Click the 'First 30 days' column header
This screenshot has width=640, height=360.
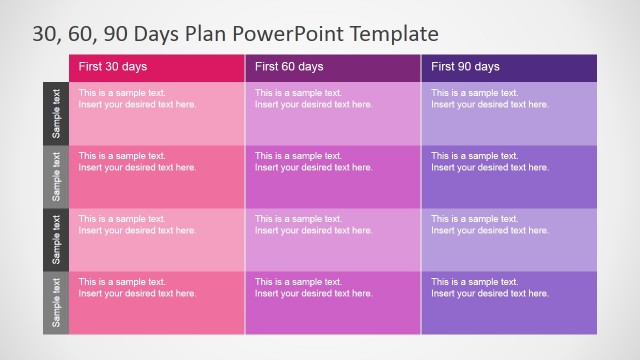(x=157, y=67)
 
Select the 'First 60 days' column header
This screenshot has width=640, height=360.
(x=333, y=67)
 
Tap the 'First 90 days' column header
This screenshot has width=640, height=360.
(x=509, y=67)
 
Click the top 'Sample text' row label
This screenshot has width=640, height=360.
(x=56, y=113)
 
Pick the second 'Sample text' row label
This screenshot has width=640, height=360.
(x=56, y=176)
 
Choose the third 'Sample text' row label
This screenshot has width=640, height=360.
(x=56, y=239)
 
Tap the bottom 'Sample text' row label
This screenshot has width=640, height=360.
(x=56, y=302)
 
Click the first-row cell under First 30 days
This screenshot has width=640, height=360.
(x=157, y=113)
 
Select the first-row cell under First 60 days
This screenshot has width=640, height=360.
(x=333, y=113)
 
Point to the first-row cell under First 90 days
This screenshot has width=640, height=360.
(x=509, y=113)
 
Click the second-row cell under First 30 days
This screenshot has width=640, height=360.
(x=157, y=176)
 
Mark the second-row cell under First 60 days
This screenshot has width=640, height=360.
(x=333, y=176)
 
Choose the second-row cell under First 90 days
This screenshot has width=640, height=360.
(x=509, y=176)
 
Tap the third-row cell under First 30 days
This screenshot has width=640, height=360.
(x=157, y=239)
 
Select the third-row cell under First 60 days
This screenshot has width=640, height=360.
(x=333, y=239)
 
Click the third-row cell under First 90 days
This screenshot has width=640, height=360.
(x=509, y=239)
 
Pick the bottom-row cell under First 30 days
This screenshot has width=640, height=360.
(x=157, y=302)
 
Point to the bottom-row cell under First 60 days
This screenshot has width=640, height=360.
(x=333, y=302)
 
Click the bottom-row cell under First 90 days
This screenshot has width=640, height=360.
(x=509, y=302)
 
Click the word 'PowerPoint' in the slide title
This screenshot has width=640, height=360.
(x=291, y=34)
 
